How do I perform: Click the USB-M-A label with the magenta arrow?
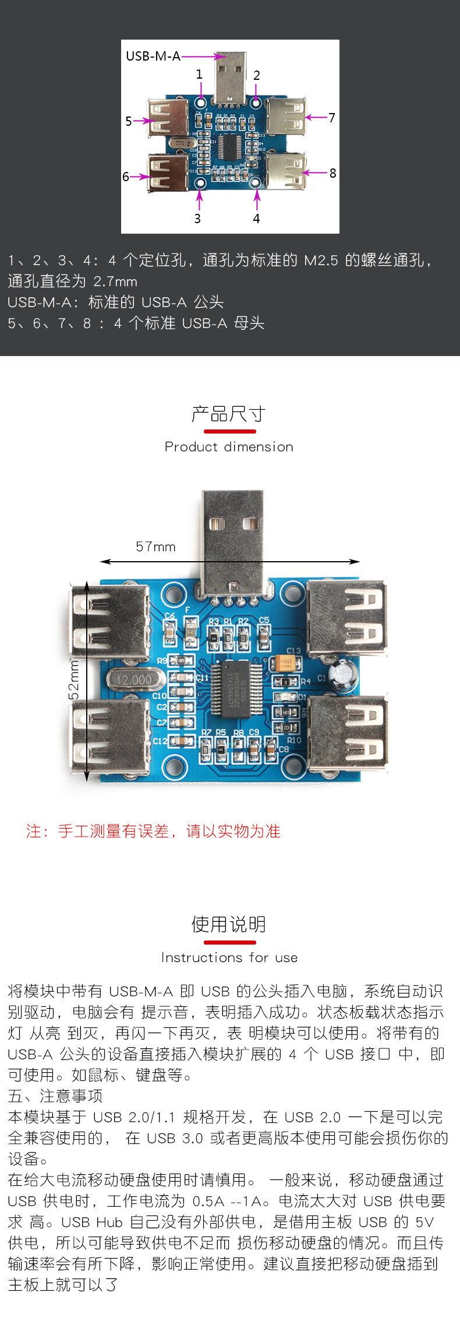coord(153,57)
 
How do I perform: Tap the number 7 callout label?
coord(332,118)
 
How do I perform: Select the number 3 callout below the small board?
coord(197,219)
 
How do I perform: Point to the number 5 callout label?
coord(129,121)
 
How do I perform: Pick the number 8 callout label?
coord(332,173)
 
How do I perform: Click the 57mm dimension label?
coord(155,547)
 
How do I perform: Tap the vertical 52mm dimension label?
coord(74,679)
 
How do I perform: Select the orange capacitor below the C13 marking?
coord(286,663)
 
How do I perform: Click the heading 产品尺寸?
coord(229,414)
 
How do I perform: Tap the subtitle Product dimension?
coord(229,447)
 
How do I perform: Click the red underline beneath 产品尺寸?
coord(229,431)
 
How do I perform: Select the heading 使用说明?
coord(229,924)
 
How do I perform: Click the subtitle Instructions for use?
coord(229,957)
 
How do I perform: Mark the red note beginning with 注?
coord(153,831)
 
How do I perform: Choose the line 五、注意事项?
coord(55,1096)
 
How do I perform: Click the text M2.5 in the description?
coord(321,260)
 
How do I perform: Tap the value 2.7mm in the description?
coord(115,281)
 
